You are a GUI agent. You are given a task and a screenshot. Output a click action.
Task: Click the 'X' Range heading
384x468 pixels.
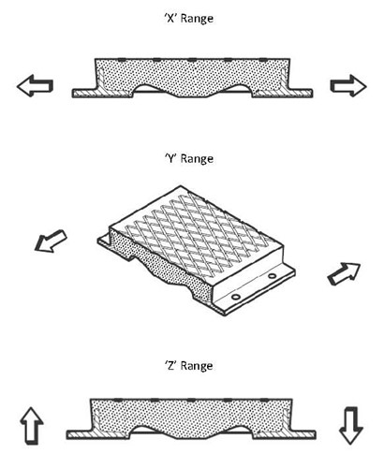pyautogui.click(x=189, y=19)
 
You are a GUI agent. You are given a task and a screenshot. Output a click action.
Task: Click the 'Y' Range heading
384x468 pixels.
pyautogui.click(x=189, y=159)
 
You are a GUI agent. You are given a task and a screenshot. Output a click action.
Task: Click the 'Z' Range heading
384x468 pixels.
pyautogui.click(x=189, y=366)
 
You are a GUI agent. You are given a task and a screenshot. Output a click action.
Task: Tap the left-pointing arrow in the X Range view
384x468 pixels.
pyautogui.click(x=35, y=85)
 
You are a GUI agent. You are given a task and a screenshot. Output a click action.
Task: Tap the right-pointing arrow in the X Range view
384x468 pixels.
pyautogui.click(x=348, y=86)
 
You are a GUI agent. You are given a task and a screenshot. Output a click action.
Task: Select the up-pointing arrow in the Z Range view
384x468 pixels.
pyautogui.click(x=32, y=426)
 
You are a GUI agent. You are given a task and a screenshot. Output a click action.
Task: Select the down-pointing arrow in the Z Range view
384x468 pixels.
pyautogui.click(x=351, y=426)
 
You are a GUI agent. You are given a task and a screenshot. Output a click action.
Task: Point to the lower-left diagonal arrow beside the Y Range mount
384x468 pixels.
pyautogui.click(x=50, y=241)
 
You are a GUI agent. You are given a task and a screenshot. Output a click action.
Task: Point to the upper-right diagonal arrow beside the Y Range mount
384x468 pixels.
pyautogui.click(x=344, y=274)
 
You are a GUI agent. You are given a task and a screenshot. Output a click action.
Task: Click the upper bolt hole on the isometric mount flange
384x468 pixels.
pyautogui.click(x=272, y=276)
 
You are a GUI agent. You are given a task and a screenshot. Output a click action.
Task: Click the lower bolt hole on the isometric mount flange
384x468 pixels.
pyautogui.click(x=236, y=297)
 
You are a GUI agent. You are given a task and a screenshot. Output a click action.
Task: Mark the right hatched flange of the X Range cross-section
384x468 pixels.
pyautogui.click(x=282, y=93)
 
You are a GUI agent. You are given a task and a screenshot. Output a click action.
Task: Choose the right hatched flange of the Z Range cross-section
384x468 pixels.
pyautogui.click(x=285, y=434)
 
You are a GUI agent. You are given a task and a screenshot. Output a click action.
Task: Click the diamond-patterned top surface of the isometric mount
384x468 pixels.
pyautogui.click(x=197, y=231)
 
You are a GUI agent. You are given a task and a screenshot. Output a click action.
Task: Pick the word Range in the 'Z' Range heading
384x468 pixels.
pyautogui.click(x=197, y=366)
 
